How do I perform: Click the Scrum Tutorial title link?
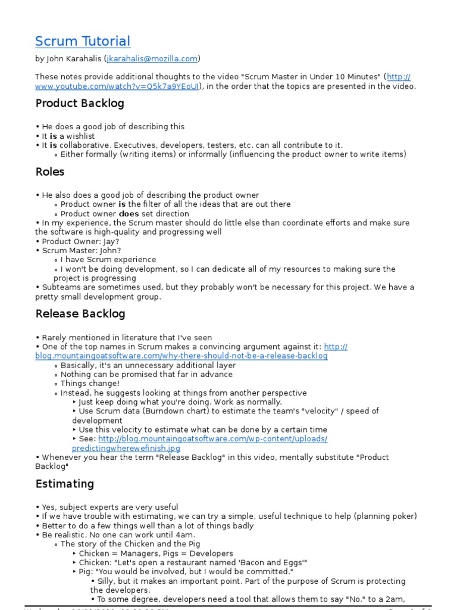click(83, 42)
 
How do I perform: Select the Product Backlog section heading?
click(80, 104)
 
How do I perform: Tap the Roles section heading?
click(50, 172)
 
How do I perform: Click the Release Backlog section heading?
click(80, 314)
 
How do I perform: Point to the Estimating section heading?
click(65, 484)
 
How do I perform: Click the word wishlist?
click(80, 136)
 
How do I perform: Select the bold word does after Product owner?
click(129, 214)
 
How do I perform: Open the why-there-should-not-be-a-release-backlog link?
click(181, 356)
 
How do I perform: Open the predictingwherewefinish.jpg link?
click(126, 448)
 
